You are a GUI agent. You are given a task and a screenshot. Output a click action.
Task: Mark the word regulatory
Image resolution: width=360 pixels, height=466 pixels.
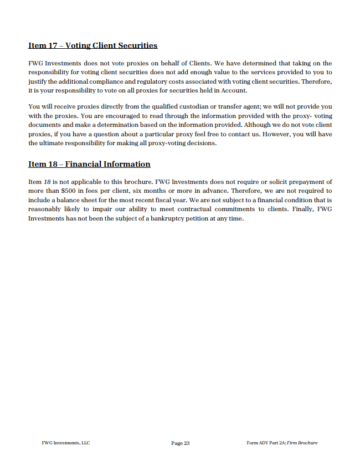pyautogui.click(x=148, y=81)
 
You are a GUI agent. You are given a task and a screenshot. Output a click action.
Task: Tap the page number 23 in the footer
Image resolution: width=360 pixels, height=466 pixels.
pyautogui.click(x=186, y=443)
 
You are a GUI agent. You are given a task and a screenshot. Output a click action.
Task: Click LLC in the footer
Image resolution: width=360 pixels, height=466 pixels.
pyautogui.click(x=85, y=443)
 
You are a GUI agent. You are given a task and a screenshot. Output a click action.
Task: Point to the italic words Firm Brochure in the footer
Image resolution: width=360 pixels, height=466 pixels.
pyautogui.click(x=302, y=443)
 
